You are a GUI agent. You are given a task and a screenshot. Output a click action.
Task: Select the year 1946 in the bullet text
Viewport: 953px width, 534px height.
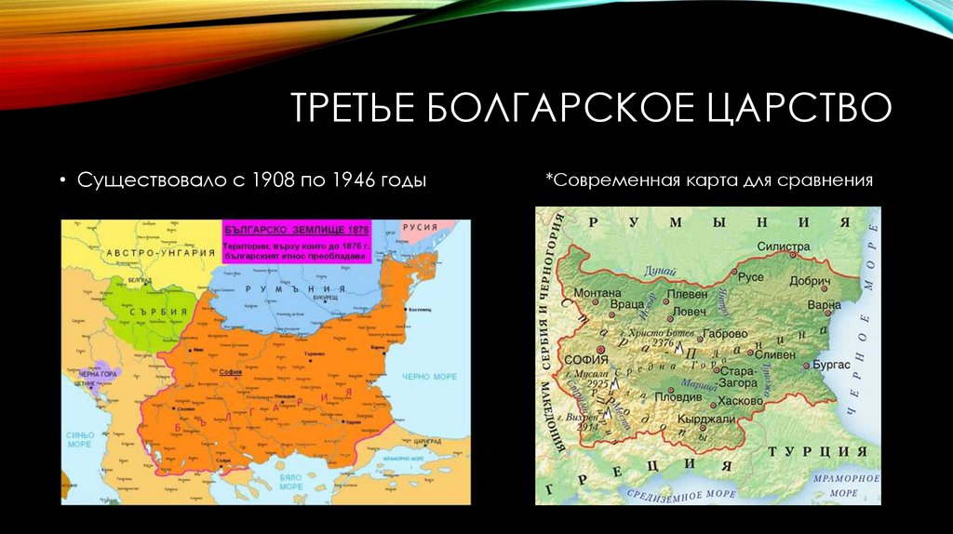click(x=345, y=180)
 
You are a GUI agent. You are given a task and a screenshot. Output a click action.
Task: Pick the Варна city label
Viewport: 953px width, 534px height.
click(x=825, y=304)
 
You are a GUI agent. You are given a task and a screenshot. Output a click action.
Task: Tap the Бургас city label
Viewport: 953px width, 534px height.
click(x=824, y=366)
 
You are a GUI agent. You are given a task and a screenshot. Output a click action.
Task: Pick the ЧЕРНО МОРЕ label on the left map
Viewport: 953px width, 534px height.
click(x=427, y=377)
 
